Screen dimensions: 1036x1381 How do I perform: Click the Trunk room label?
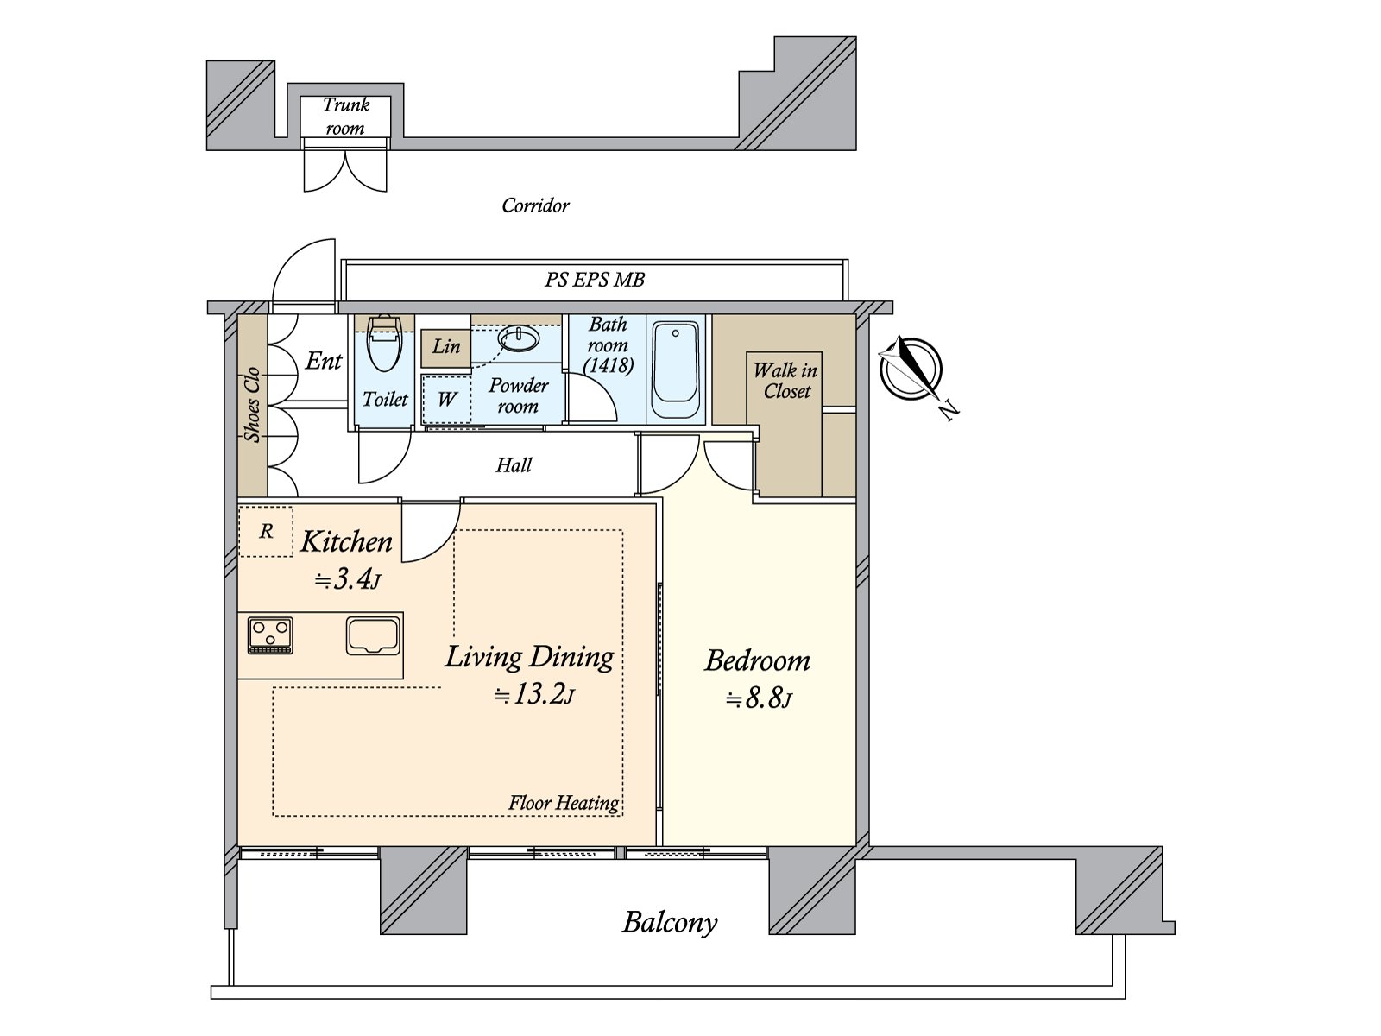pos(345,117)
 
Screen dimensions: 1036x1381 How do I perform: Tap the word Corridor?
pos(535,205)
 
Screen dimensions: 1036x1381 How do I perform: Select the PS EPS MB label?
pos(595,280)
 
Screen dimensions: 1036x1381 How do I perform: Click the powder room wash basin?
pos(519,340)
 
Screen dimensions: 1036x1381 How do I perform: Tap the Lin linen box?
pos(445,346)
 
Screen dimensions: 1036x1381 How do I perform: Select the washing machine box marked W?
pos(446,399)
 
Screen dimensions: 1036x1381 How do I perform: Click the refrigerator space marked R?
pos(266,531)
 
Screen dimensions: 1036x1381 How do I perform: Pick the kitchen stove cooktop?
pos(271,635)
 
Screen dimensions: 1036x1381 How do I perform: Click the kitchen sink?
pos(373,635)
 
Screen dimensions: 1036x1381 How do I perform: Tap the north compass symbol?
pos(911,370)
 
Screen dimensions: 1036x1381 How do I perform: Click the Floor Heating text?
pos(563,803)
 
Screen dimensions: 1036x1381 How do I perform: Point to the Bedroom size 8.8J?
pos(759,698)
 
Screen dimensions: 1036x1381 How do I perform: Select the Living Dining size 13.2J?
pos(533,694)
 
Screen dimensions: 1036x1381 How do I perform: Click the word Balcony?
pos(670,923)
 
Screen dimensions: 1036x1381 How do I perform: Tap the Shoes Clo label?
pos(252,405)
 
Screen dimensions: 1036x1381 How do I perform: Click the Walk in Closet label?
pos(785,381)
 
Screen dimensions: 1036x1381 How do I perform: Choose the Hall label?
pos(514,465)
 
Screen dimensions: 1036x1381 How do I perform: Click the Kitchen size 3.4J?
pos(347,579)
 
